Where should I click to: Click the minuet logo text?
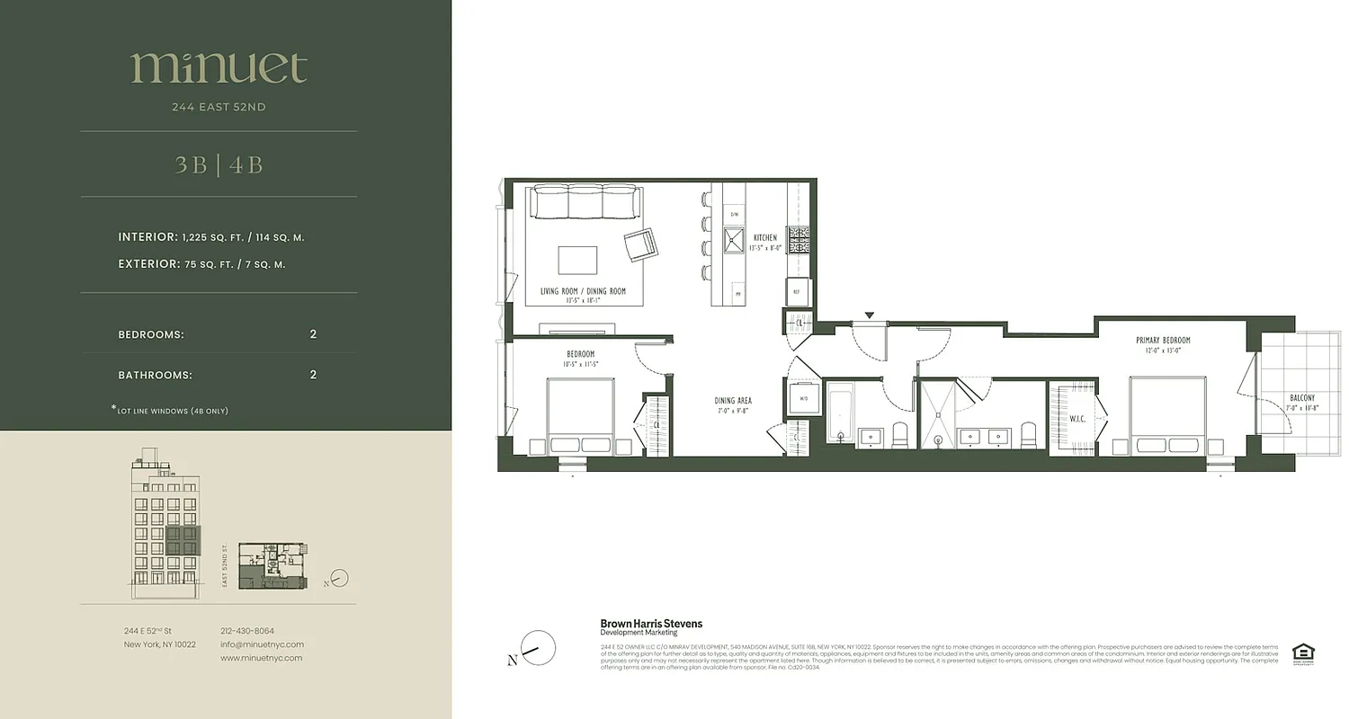pyautogui.click(x=219, y=68)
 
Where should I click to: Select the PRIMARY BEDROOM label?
pyautogui.click(x=1163, y=341)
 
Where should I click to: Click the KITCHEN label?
pyautogui.click(x=765, y=238)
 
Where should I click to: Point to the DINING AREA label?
pyautogui.click(x=734, y=401)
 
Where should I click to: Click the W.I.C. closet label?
pyautogui.click(x=1079, y=418)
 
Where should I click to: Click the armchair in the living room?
pyautogui.click(x=641, y=244)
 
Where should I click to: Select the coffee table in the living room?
pyautogui.click(x=576, y=260)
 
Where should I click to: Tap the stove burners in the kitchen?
pyautogui.click(x=799, y=238)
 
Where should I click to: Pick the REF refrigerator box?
pyautogui.click(x=797, y=291)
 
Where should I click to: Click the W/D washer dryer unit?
pyautogui.click(x=804, y=399)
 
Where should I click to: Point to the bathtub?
pyautogui.click(x=840, y=414)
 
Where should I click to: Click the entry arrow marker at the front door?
pyautogui.click(x=869, y=315)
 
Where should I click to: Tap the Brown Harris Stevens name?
pyautogui.click(x=651, y=623)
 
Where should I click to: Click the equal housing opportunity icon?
pyautogui.click(x=1301, y=653)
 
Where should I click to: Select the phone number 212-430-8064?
pyautogui.click(x=247, y=631)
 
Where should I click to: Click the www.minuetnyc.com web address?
pyautogui.click(x=261, y=658)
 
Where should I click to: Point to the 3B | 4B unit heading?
pyautogui.click(x=219, y=165)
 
